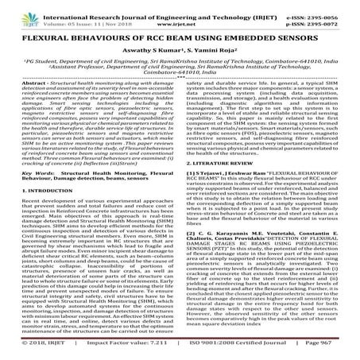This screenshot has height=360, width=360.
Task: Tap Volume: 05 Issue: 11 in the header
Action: [75, 16]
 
